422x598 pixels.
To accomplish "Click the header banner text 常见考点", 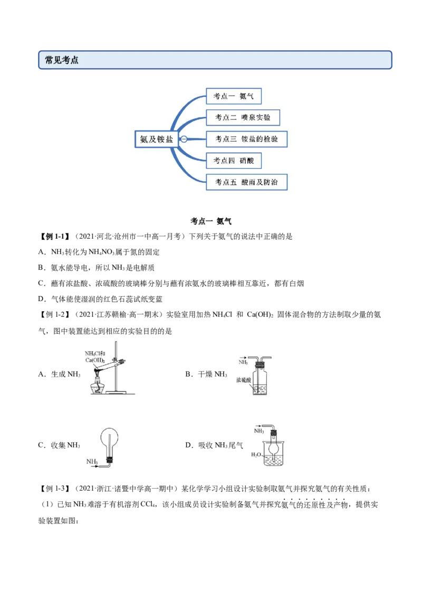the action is (x=62, y=60).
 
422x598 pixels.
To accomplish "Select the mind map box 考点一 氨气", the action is (x=234, y=96).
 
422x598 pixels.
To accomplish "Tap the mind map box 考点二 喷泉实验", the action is (x=243, y=117).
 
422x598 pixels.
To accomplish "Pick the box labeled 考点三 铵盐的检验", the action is (x=246, y=139).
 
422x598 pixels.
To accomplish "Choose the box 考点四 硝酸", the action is (x=234, y=161).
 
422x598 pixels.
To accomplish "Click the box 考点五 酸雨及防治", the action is (x=246, y=182).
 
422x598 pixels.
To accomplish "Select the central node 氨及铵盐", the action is (x=157, y=139).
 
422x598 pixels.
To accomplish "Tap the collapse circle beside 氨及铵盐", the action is (x=184, y=139).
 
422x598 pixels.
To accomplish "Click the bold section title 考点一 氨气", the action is (x=211, y=221).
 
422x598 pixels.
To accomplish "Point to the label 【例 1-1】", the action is (x=55, y=237).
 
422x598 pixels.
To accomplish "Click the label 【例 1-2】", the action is (x=55, y=315).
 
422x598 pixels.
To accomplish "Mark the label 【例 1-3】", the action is (x=55, y=489).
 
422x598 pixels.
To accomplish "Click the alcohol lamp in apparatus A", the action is (x=98, y=384).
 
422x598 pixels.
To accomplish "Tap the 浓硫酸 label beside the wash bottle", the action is (x=243, y=380).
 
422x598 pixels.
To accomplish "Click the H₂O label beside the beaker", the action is (x=256, y=455).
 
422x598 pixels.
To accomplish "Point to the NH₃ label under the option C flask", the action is (x=92, y=462).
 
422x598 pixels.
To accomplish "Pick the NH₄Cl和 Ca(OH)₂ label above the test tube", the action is (x=95, y=357).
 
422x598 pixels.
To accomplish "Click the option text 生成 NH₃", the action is (x=65, y=374).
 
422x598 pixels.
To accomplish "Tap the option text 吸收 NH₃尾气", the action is (x=220, y=445).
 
